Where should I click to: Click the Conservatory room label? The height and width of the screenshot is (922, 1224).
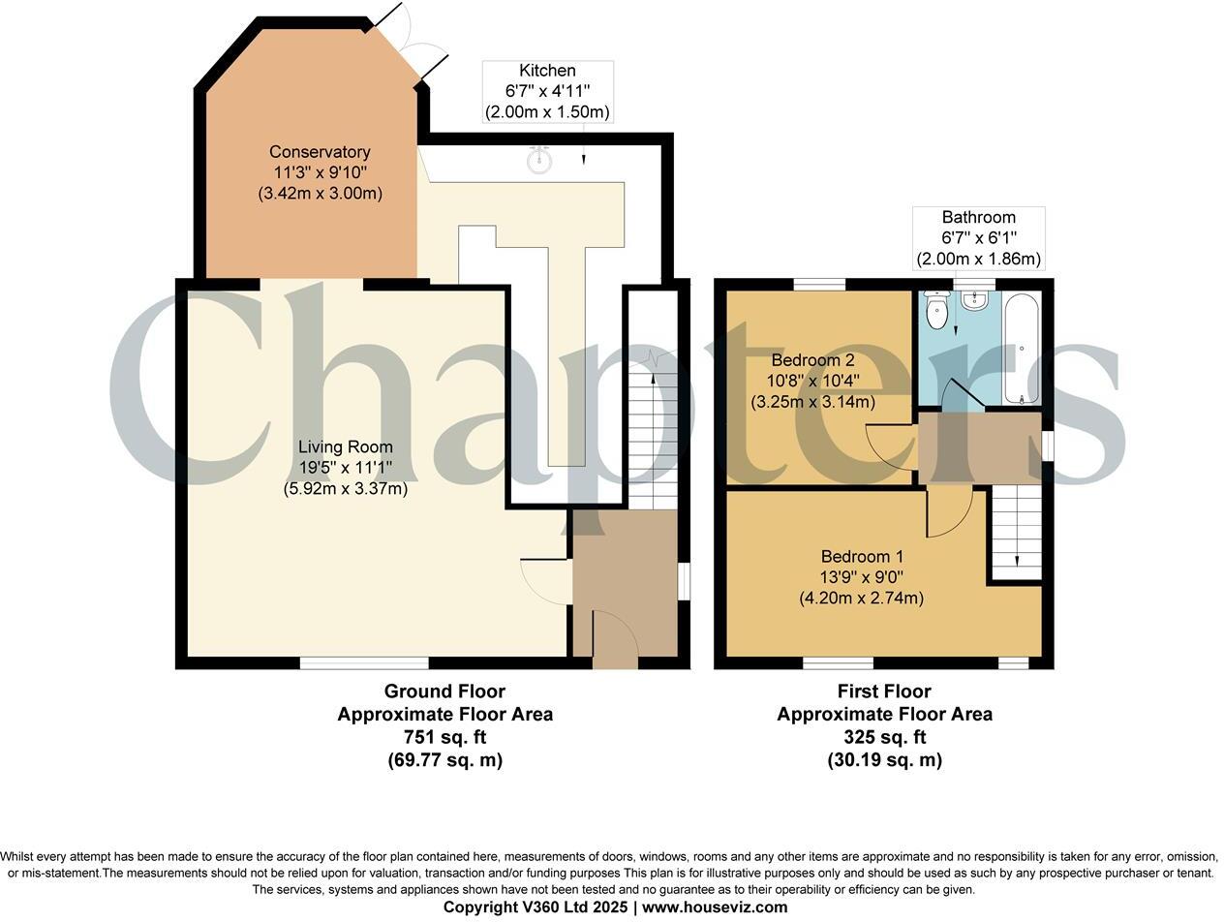click(x=320, y=172)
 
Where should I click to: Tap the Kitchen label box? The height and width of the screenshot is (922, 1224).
click(x=547, y=91)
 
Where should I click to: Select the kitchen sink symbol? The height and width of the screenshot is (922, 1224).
click(x=539, y=160)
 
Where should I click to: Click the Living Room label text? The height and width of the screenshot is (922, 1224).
click(x=345, y=468)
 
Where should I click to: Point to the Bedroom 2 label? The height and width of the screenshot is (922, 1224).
click(x=812, y=381)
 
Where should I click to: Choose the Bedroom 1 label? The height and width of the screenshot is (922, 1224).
click(x=861, y=577)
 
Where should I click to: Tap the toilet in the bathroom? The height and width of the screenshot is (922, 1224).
click(x=936, y=310)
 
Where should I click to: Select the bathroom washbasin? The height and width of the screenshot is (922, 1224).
click(x=973, y=301)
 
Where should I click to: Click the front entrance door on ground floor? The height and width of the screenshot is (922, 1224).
click(x=614, y=639)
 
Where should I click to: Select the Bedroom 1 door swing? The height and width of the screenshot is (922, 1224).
click(x=948, y=512)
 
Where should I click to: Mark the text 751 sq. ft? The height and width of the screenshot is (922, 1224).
click(x=444, y=737)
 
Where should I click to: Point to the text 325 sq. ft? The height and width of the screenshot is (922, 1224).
click(x=884, y=737)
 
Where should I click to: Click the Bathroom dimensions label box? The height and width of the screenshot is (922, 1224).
click(x=978, y=238)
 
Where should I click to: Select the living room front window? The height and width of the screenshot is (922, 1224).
click(x=364, y=663)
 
